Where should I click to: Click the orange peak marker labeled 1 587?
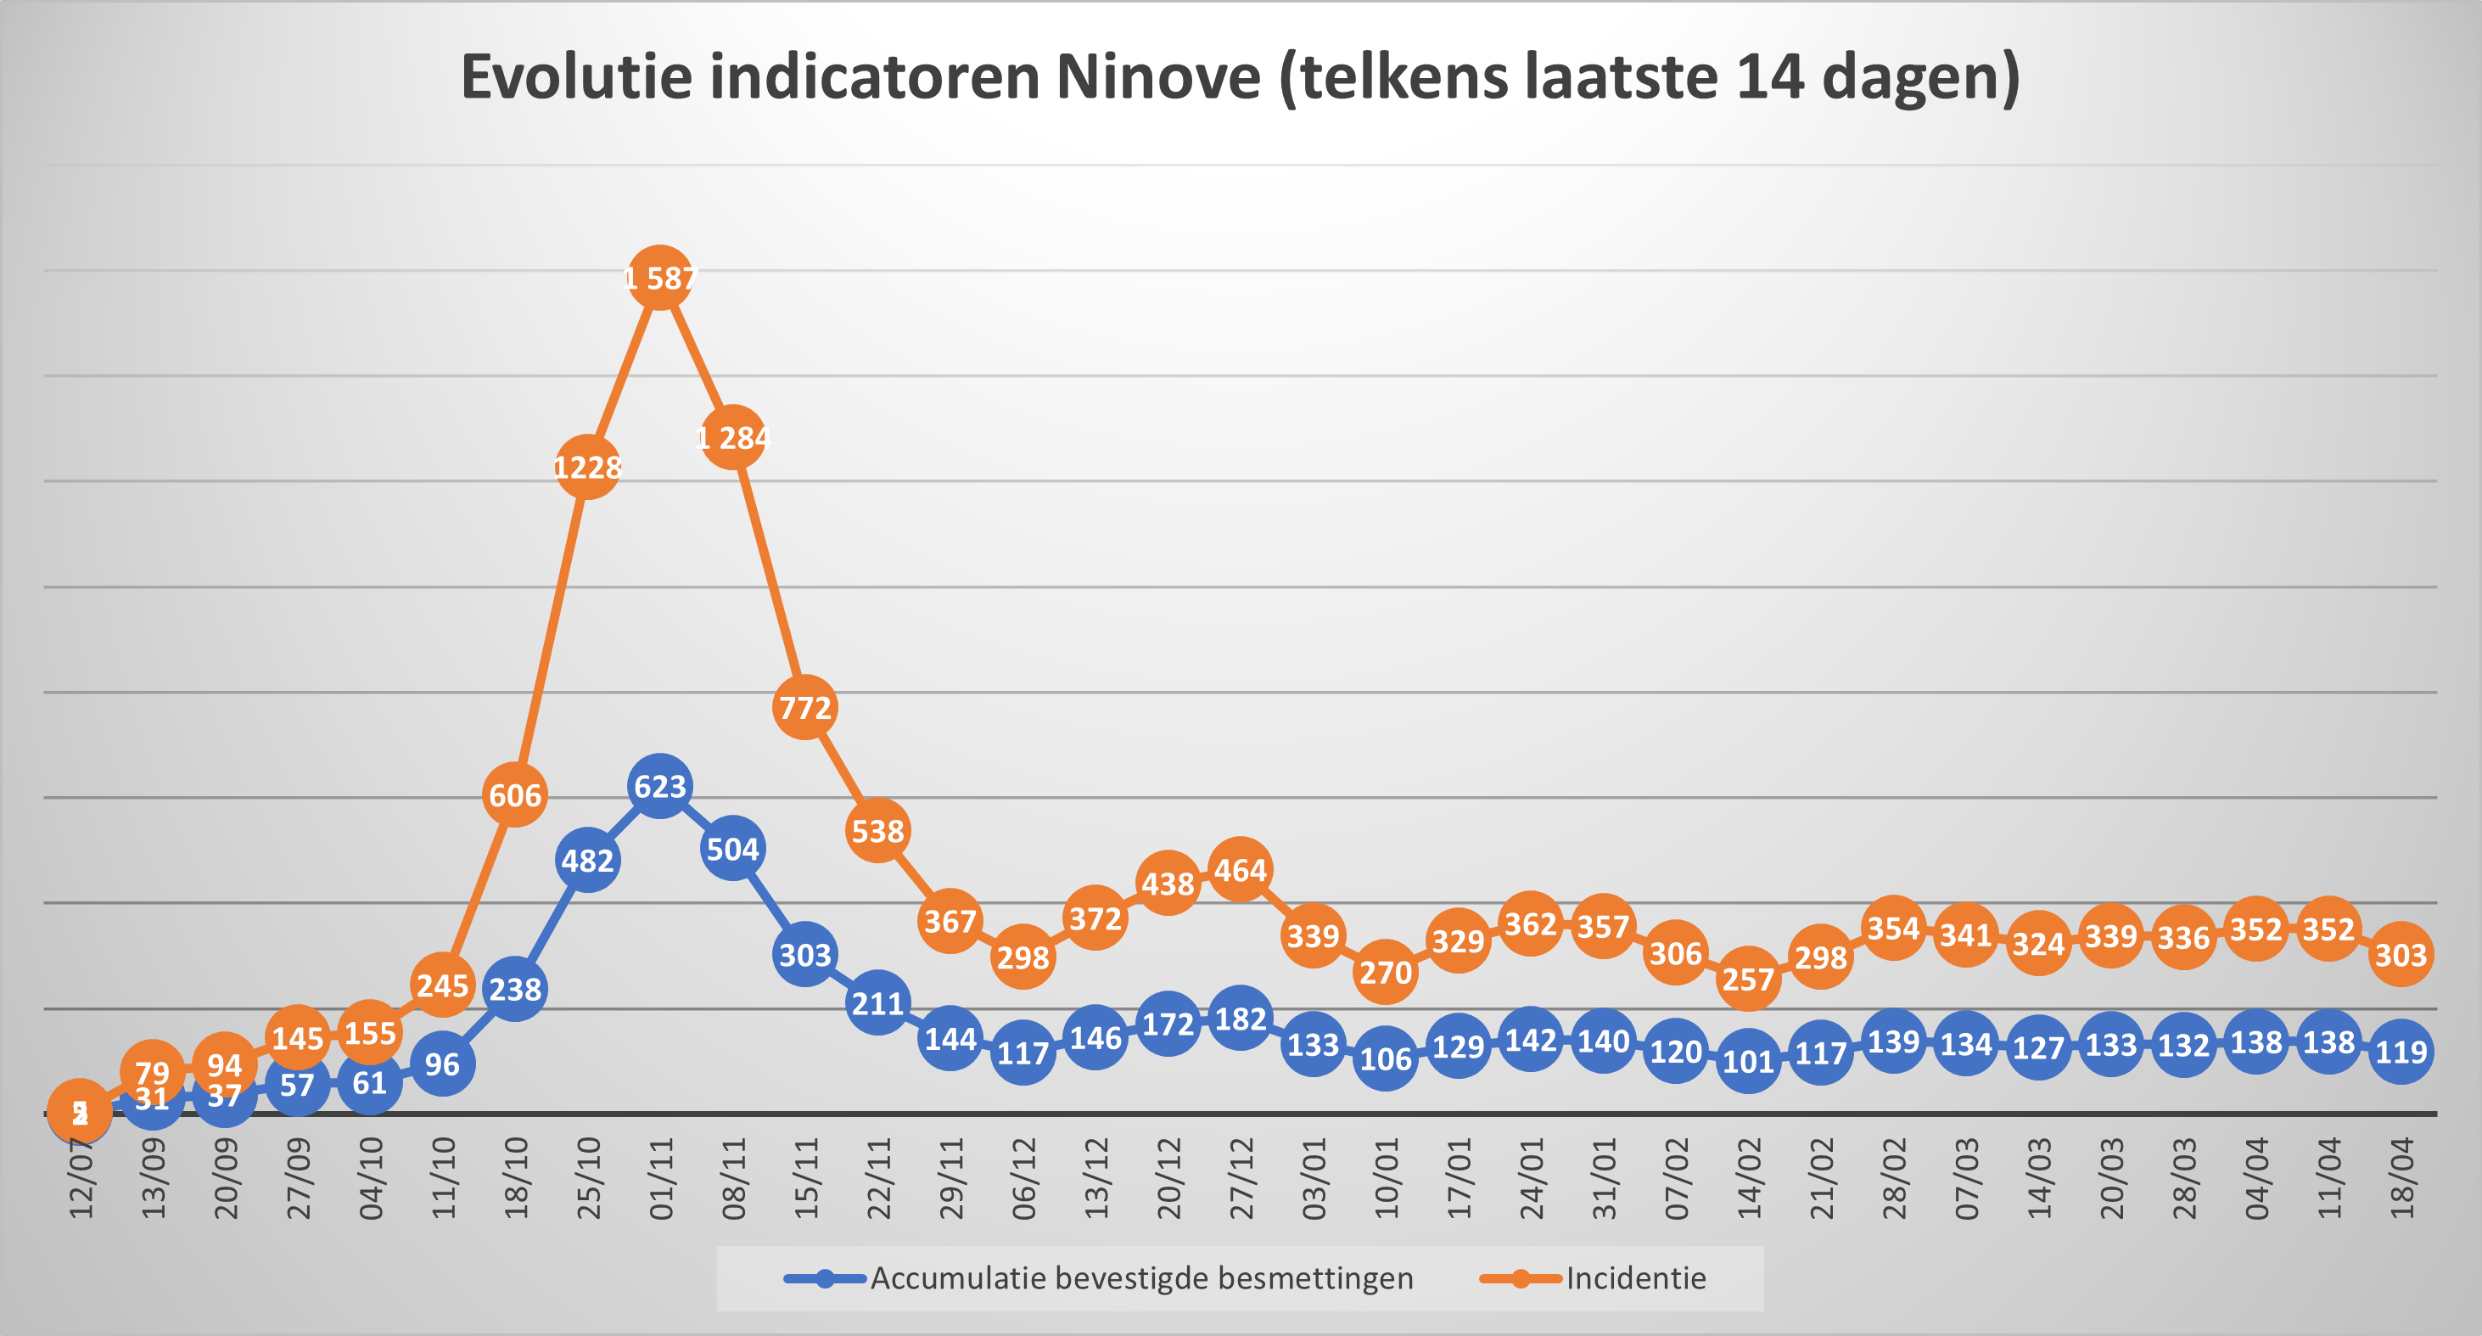pyautogui.click(x=660, y=278)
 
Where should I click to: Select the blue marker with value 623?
pyautogui.click(x=660, y=787)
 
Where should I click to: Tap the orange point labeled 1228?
pyautogui.click(x=588, y=468)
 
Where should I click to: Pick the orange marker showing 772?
pyautogui.click(x=804, y=708)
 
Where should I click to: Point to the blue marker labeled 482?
pyautogui.click(x=588, y=860)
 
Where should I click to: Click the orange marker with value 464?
pyautogui.click(x=1240, y=870)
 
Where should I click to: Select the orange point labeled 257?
pyautogui.click(x=1748, y=980)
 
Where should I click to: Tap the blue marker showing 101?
pyautogui.click(x=1748, y=1061)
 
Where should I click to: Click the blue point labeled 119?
pyautogui.click(x=2400, y=1052)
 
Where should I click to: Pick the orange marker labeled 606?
pyautogui.click(x=514, y=795)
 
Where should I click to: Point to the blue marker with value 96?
pyautogui.click(x=442, y=1064)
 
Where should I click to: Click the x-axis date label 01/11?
pyautogui.click(x=661, y=1179)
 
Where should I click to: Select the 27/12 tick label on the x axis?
pyautogui.click(x=1241, y=1179)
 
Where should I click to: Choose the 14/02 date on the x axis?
pyautogui.click(x=1749, y=1179)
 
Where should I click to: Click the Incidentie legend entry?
pyautogui.click(x=1635, y=1278)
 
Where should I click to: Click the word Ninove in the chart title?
pyautogui.click(x=1158, y=77)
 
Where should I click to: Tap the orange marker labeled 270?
pyautogui.click(x=1386, y=973)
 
